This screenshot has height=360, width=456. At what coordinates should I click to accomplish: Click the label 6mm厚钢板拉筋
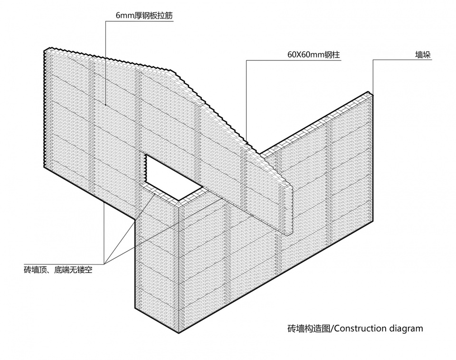(144, 15)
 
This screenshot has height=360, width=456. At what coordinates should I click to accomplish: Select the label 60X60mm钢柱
(313, 55)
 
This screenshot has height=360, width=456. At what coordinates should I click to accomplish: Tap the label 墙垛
(423, 55)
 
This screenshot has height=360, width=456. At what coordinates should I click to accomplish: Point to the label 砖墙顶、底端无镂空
(58, 270)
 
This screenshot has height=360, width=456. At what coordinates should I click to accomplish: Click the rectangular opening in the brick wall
(174, 177)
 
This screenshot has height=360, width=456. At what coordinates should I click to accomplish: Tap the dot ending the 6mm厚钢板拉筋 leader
(105, 105)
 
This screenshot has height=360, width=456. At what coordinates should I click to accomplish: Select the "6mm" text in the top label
(125, 15)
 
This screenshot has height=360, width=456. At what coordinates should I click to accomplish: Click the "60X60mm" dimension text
(305, 55)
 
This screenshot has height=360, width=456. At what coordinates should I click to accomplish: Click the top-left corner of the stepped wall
(45, 50)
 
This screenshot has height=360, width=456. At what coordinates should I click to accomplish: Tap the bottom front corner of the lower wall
(179, 332)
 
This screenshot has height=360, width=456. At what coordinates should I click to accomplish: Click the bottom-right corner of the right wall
(373, 220)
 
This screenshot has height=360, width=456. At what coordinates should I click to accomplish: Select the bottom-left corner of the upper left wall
(45, 167)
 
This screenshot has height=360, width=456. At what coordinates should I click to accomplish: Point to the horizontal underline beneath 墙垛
(402, 60)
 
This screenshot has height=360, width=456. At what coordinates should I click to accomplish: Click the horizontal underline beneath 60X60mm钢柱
(294, 60)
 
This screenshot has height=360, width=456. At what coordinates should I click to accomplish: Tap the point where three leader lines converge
(104, 264)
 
